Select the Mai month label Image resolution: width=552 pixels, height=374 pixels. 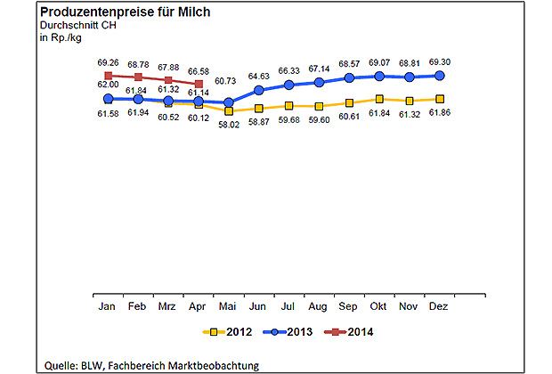pos(229,305)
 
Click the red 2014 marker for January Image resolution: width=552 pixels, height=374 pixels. pos(108,76)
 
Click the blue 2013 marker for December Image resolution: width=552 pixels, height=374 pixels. pos(440,76)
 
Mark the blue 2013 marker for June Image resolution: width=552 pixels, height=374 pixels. pos(259,90)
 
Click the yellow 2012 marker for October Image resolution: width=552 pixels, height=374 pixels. pos(379,100)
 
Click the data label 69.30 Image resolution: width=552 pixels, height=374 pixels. pos(440,62)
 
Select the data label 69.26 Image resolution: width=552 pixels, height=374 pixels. pos(108,62)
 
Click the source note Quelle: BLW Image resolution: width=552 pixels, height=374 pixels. pos(151,364)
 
